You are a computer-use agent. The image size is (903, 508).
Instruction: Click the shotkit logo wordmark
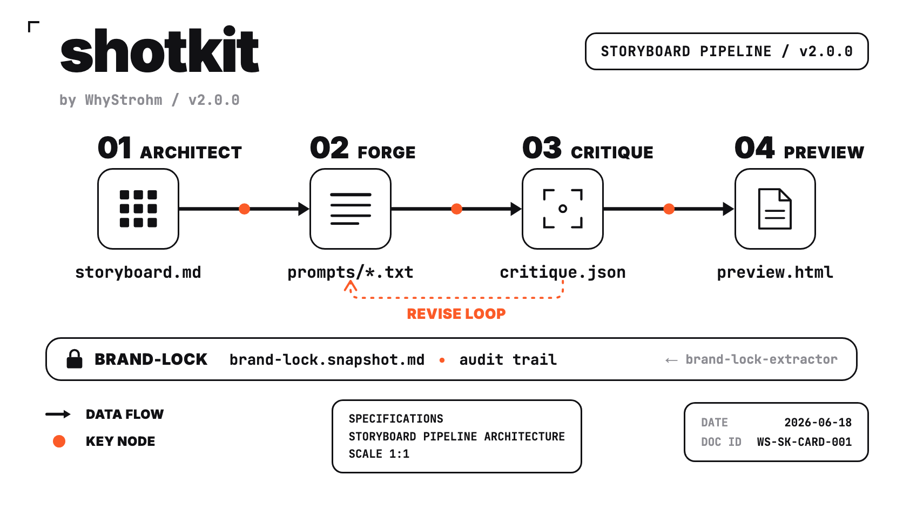(160, 50)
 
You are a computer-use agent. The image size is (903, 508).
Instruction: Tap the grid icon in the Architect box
(138, 209)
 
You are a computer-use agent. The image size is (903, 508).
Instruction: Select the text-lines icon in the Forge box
(351, 209)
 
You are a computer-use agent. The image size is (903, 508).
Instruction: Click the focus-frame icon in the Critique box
(563, 209)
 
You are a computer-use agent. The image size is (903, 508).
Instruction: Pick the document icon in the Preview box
(775, 209)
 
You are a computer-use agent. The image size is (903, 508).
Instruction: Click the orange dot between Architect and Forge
(244, 209)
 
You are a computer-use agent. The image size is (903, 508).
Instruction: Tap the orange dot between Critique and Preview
(669, 209)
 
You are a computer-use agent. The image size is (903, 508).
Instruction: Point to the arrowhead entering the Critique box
(516, 209)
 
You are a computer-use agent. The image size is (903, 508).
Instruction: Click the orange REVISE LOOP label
(456, 314)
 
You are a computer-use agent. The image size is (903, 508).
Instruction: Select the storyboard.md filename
(138, 272)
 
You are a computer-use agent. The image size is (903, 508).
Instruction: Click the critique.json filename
(563, 273)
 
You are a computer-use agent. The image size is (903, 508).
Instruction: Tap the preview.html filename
(775, 272)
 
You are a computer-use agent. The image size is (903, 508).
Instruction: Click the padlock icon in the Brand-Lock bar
(74, 359)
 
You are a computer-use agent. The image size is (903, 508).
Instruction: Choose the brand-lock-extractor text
(762, 359)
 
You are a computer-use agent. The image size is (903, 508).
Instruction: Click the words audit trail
(508, 359)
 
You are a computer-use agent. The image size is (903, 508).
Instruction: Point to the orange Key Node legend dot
(59, 441)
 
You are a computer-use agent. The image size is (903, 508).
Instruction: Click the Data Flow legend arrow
(58, 414)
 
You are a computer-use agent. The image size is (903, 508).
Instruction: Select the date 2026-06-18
(818, 423)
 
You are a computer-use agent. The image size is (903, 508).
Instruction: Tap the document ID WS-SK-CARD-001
(804, 442)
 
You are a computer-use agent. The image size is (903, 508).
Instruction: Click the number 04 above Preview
(754, 148)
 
